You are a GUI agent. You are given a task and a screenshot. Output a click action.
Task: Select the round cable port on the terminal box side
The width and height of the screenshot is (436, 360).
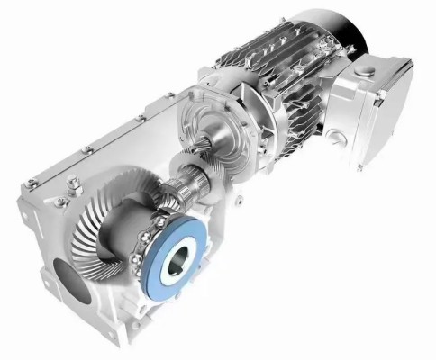[x=336, y=137]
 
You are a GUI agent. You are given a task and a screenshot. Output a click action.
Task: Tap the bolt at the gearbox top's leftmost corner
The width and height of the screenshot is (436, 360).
[x=32, y=184]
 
